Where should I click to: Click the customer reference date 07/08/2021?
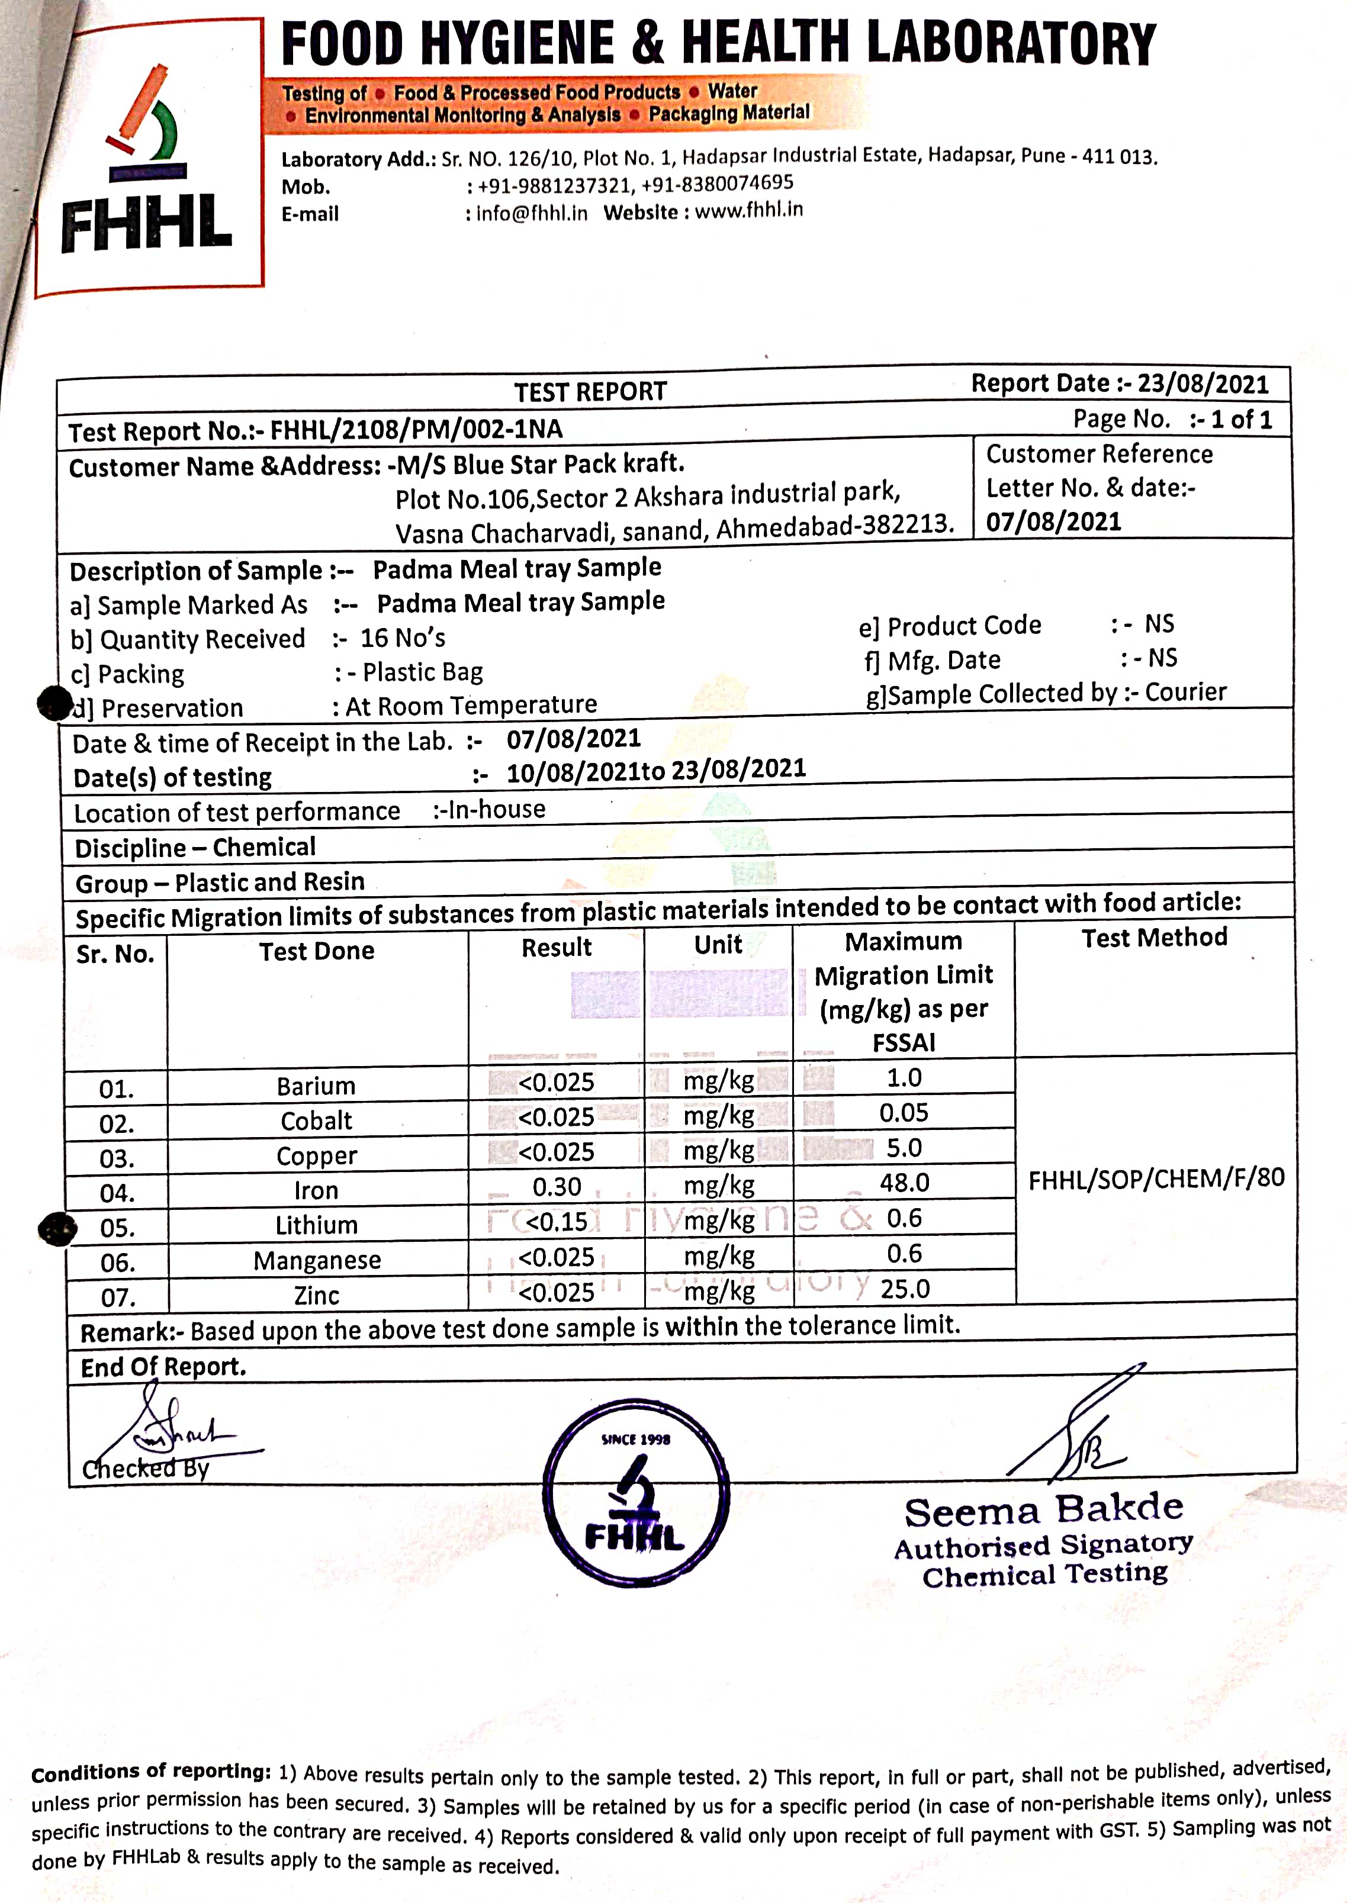1053,521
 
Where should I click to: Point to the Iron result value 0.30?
557,1187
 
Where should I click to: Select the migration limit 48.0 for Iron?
904,1183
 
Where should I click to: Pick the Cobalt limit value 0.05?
904,1113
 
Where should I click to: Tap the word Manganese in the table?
317,1260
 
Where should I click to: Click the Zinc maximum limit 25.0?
905,1289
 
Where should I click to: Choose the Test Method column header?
1154,938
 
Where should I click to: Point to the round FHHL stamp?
636,1493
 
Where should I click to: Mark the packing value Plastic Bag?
423,672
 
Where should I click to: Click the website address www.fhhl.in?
749,210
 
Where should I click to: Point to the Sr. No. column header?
115,954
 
